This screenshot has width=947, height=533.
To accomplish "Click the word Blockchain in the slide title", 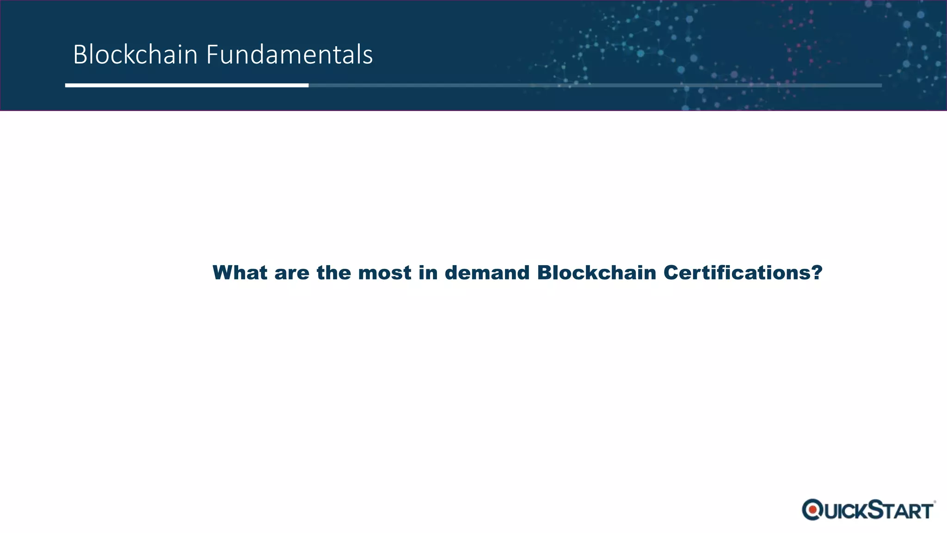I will tap(135, 55).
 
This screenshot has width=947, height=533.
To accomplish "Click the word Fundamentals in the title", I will tap(289, 55).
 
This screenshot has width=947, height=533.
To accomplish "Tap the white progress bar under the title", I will tap(186, 85).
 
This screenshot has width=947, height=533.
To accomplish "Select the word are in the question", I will tap(291, 273).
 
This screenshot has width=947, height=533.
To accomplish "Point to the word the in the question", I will tap(333, 273).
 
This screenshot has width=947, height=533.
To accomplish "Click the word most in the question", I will tap(384, 273).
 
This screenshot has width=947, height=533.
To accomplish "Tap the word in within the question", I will tap(428, 273).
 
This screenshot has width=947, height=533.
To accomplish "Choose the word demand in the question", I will tap(486, 273).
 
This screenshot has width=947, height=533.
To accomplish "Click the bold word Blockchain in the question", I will tap(596, 273).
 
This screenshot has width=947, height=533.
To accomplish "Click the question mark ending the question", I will tap(817, 273).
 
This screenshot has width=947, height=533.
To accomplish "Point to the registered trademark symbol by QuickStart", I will tap(935, 502).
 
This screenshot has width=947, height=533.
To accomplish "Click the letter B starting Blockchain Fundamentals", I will tap(80, 55).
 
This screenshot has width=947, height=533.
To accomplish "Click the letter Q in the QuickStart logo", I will tap(812, 510).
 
